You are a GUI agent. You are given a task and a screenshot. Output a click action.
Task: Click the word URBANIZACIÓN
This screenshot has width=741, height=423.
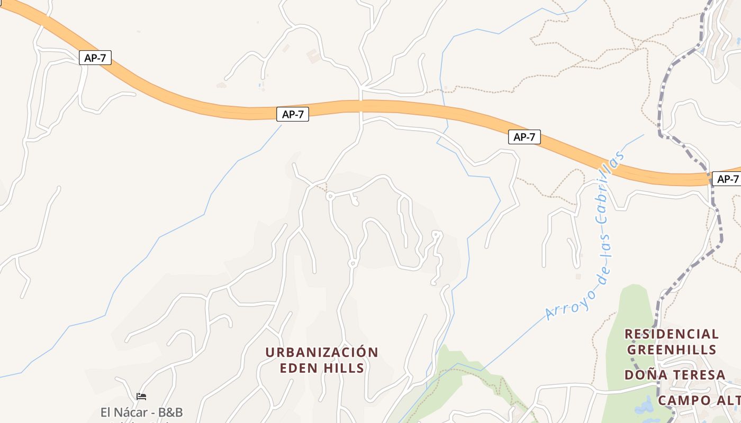tap(322, 352)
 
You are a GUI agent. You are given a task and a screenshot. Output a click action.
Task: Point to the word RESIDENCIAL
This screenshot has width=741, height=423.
tap(672, 334)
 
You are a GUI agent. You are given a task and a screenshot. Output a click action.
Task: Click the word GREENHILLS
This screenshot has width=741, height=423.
tap(672, 350)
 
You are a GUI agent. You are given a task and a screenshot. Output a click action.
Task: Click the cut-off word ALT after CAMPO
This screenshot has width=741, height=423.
tap(727, 400)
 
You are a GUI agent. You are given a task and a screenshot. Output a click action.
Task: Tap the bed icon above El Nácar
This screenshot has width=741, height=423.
tap(141, 396)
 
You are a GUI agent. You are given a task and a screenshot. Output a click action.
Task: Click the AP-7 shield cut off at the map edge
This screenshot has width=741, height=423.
tap(727, 179)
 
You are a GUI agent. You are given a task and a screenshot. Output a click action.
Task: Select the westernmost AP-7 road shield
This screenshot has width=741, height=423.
tap(95, 58)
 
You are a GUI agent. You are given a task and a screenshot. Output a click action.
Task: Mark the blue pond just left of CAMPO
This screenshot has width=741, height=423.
tap(643, 406)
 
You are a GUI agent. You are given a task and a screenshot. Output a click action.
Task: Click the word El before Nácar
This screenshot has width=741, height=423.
tap(107, 412)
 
